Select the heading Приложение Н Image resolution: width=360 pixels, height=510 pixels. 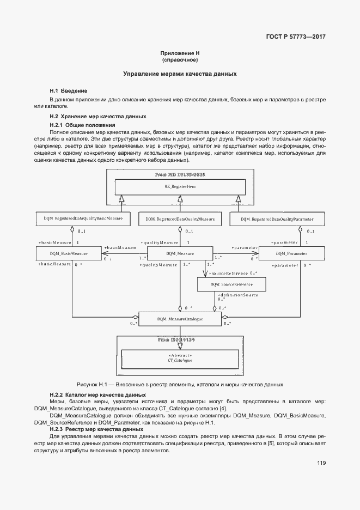(180, 53)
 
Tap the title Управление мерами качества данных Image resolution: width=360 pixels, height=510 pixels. (180, 74)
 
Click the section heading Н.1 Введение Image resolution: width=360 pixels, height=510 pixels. (69, 90)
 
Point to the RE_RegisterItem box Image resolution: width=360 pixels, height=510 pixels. (180, 187)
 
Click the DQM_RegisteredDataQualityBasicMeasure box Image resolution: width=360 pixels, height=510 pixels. (83, 219)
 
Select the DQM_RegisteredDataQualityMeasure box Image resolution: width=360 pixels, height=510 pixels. (180, 219)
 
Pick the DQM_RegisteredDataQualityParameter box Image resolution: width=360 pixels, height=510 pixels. (277, 219)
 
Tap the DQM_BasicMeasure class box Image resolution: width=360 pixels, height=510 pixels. (69, 253)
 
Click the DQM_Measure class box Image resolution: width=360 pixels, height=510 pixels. (180, 253)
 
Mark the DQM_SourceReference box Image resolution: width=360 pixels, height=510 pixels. (232, 284)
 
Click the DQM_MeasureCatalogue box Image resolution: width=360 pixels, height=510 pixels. (180, 319)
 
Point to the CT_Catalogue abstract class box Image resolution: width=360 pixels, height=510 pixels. (180, 359)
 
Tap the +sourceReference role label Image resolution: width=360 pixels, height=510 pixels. (228, 273)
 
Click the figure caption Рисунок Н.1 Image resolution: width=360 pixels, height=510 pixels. (180, 384)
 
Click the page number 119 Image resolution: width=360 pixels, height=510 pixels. (320, 464)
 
